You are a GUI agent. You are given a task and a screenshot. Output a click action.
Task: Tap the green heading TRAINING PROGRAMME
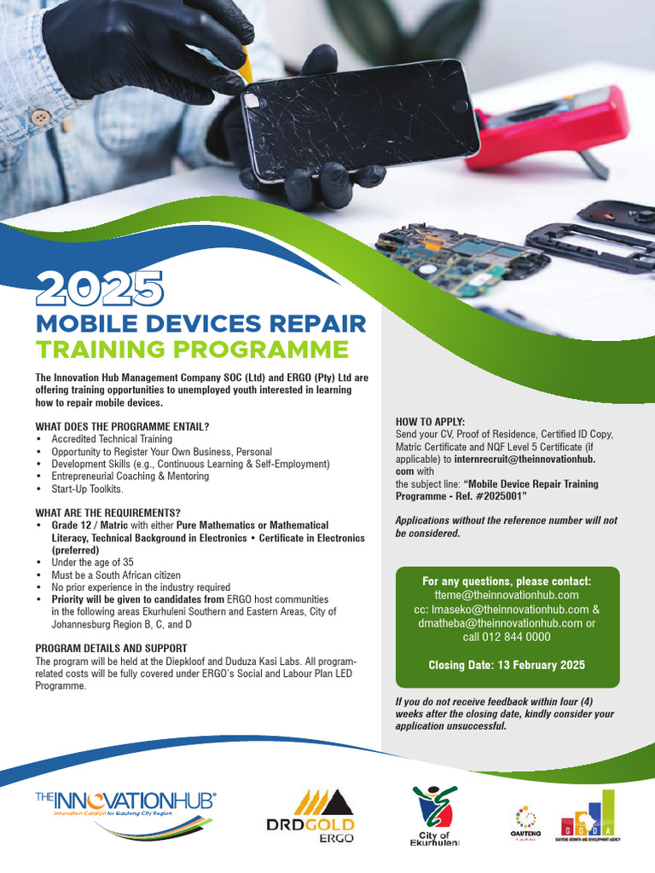coord(192,350)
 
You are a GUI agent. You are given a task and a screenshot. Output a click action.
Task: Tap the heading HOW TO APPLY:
coord(431,422)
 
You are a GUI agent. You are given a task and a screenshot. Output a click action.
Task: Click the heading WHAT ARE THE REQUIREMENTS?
coord(107,512)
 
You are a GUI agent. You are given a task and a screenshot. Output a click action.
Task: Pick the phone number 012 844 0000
coord(507,637)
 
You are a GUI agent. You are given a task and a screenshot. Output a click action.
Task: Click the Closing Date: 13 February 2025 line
coord(507,665)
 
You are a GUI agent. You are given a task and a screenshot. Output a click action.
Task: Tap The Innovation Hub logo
coord(125,806)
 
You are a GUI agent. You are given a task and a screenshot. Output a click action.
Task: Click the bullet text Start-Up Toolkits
coord(88,489)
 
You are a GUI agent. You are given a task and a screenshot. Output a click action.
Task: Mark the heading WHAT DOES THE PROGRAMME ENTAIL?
coord(122,426)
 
